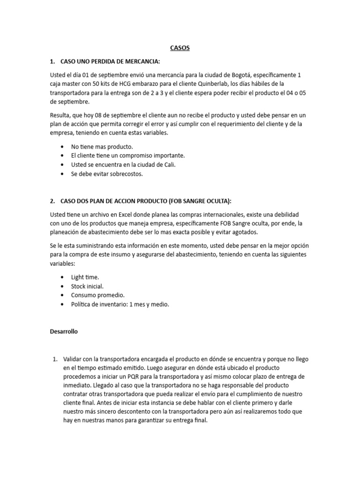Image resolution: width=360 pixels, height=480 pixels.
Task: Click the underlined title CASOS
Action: point(180,48)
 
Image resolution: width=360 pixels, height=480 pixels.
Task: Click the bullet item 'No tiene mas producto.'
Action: point(102,146)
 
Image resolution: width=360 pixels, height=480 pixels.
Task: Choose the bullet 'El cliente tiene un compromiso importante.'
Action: point(128,155)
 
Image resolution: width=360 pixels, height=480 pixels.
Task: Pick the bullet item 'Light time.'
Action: point(85,277)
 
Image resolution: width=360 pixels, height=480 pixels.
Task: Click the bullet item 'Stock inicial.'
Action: point(87,286)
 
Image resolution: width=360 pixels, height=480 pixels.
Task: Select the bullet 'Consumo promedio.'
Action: point(97,295)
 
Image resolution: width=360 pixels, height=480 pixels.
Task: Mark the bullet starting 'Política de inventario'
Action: point(120,304)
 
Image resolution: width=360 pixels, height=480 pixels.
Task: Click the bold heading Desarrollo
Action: point(64,331)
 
